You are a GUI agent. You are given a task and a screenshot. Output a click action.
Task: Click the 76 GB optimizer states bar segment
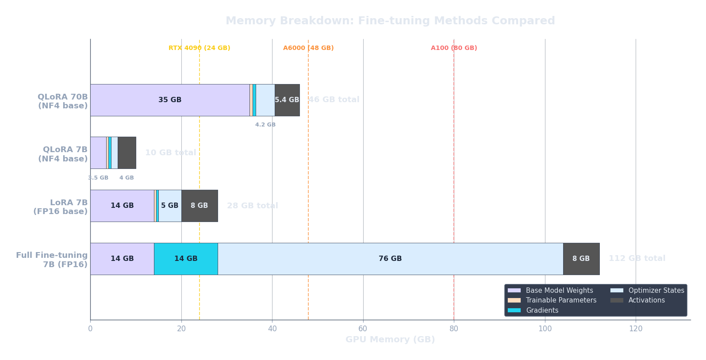click(x=390, y=259)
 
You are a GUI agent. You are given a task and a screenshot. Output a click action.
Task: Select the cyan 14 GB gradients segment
click(x=186, y=259)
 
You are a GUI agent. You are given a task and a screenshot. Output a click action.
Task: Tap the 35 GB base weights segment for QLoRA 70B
click(x=170, y=100)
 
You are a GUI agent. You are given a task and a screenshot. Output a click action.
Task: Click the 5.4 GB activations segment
click(x=287, y=100)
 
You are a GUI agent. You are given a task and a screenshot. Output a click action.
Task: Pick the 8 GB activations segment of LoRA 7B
click(x=200, y=206)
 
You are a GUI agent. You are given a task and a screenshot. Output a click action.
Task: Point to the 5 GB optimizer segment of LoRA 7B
click(x=170, y=206)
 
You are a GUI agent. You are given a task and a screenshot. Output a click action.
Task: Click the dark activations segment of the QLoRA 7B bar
click(x=127, y=153)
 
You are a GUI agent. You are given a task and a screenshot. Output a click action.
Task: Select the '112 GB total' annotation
click(x=637, y=258)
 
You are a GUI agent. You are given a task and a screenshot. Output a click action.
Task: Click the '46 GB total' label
click(x=334, y=100)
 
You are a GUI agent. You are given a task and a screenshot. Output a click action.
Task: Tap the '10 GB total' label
click(x=171, y=153)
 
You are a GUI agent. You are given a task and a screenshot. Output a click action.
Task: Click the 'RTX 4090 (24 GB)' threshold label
click(x=200, y=48)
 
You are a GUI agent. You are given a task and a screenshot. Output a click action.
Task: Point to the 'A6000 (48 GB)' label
click(x=308, y=48)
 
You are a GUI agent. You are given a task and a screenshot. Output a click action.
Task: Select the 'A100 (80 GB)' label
click(x=454, y=48)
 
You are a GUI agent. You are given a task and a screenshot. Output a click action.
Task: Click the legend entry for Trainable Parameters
click(x=561, y=300)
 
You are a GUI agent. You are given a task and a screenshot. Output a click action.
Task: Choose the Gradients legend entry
click(x=542, y=310)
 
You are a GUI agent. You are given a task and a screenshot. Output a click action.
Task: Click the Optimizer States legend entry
click(x=656, y=291)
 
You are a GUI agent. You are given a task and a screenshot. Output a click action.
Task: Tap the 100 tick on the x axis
click(x=545, y=329)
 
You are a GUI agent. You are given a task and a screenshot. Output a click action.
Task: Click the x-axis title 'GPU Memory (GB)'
click(x=390, y=339)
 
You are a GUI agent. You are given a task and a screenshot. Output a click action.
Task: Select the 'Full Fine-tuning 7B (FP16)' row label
click(x=52, y=260)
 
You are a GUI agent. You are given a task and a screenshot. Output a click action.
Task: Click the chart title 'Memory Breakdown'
click(x=390, y=21)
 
